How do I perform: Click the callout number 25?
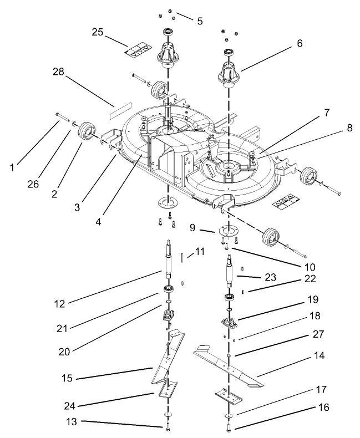pos(98,32)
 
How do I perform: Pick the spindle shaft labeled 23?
pos(230,272)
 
